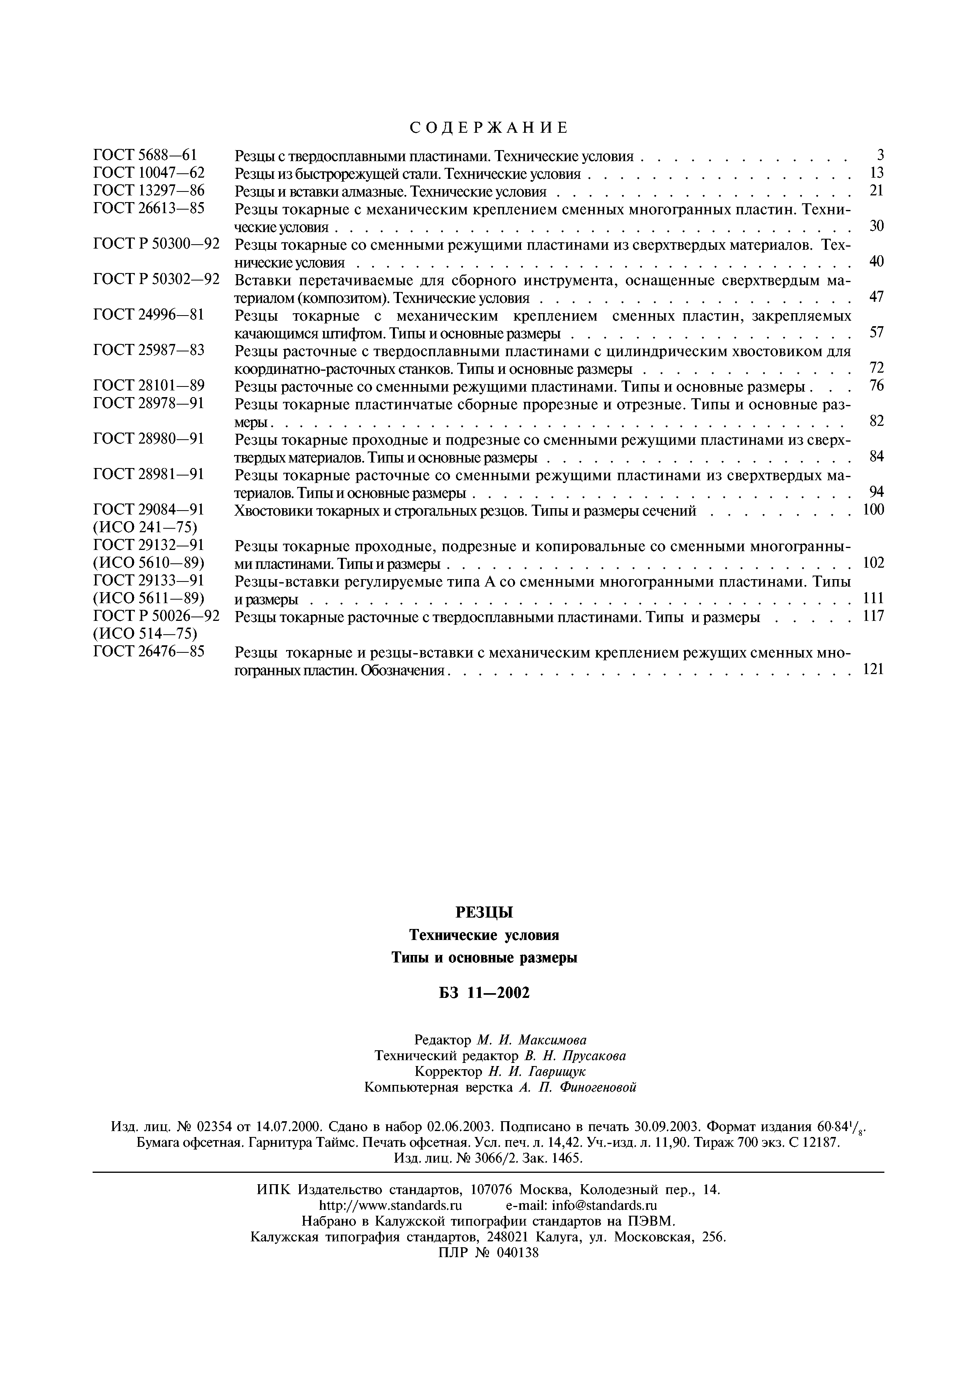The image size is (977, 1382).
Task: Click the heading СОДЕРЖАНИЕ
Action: click(488, 128)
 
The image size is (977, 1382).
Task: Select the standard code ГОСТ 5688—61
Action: click(146, 155)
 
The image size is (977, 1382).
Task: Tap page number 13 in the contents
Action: click(877, 173)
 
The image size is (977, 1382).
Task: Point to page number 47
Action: click(877, 297)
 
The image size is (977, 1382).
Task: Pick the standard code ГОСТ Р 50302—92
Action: click(156, 279)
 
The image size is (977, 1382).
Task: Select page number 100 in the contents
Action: click(873, 510)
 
